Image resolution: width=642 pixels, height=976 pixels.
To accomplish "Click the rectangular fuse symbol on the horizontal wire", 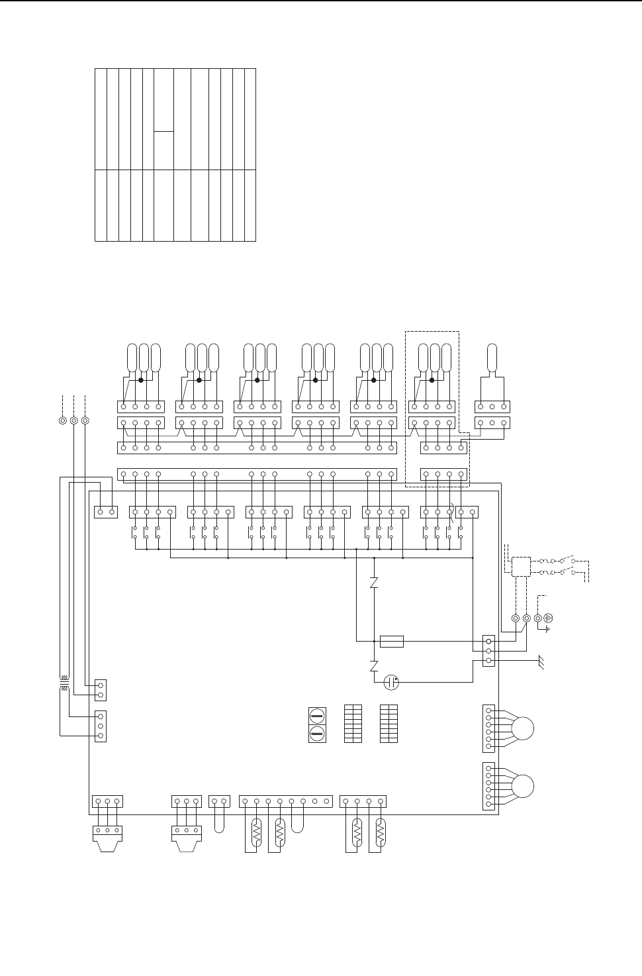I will tap(392, 641).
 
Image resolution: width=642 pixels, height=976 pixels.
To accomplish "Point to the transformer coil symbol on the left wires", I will tap(64, 684).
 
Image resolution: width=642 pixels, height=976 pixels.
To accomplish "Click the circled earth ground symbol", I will tap(548, 618).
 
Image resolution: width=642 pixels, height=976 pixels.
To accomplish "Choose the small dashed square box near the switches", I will tap(520, 565).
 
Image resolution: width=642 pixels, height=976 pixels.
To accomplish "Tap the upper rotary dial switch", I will tap(317, 716).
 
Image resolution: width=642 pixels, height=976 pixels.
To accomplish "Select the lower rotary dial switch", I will tap(317, 733).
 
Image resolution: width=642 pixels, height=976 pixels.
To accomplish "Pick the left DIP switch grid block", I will tap(353, 724).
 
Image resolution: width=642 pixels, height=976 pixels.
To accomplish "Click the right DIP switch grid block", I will tap(389, 724).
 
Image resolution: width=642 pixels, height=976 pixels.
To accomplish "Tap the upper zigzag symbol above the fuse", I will tap(375, 583).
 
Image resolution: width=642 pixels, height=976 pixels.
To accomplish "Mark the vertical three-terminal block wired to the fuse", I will tap(488, 651).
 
